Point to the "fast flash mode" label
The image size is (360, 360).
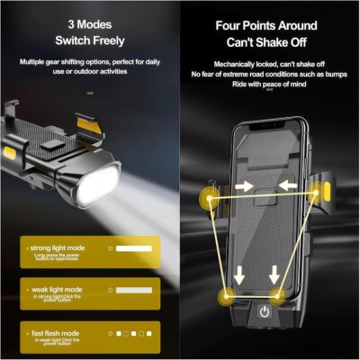click(52, 333)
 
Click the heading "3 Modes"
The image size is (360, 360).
click(89, 22)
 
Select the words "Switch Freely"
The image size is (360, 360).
click(89, 40)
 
